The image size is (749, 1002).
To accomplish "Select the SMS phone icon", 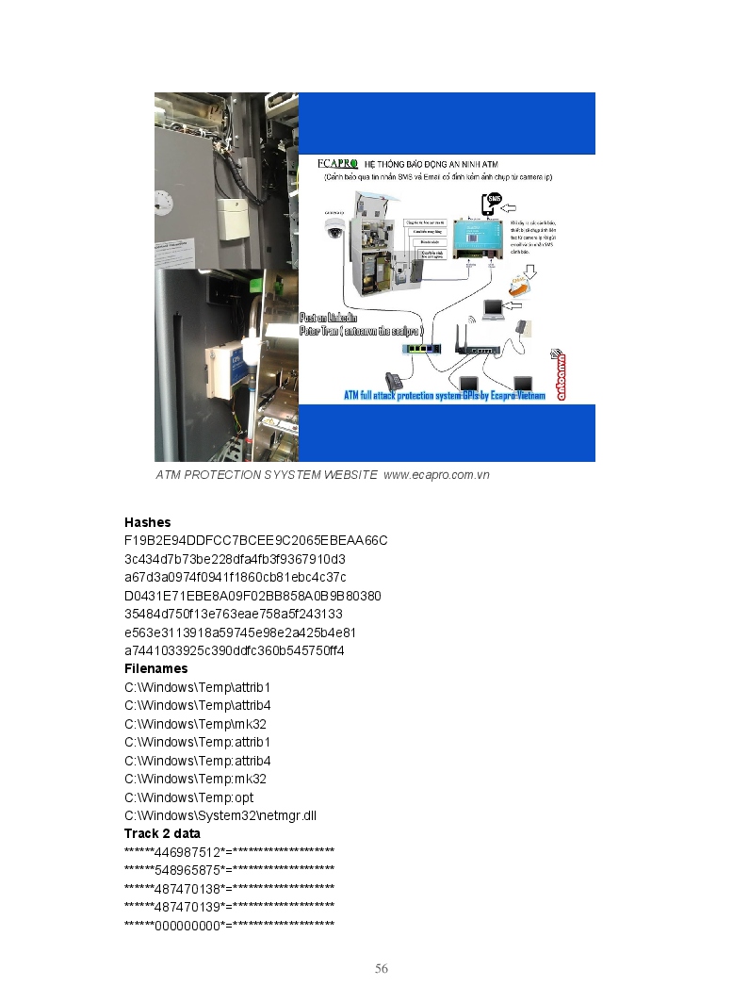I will point(492,205).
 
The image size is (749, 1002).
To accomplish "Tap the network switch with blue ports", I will point(421,348).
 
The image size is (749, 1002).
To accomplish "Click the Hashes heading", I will point(147,522).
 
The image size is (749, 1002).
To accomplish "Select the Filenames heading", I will point(155,668).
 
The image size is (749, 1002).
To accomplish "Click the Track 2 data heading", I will point(162,833).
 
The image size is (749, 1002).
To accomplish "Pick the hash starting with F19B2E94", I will point(255,540).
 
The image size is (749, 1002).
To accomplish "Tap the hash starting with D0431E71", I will point(252,596).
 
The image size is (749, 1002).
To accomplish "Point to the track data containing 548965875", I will point(229,870).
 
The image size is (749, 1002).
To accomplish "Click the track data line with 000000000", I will point(229,925).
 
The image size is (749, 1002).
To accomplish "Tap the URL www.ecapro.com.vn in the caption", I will point(436,475).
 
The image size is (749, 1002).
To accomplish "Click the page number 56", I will point(382,969).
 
